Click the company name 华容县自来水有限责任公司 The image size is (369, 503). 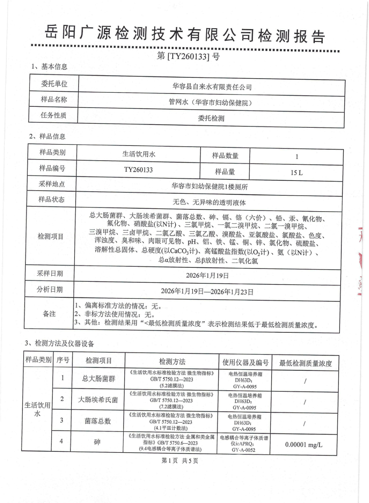(212, 87)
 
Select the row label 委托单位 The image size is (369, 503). (54, 84)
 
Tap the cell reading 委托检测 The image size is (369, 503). (211, 119)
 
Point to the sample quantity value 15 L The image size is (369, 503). (296, 172)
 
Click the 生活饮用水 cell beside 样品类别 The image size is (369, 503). (138, 154)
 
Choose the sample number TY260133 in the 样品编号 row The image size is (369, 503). (138, 170)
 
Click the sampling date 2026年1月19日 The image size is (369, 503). (207, 276)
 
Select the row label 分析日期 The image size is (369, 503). (50, 290)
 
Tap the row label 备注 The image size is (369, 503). (49, 314)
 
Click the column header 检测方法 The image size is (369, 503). (172, 362)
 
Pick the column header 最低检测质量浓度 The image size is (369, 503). (305, 363)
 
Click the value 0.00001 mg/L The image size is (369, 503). (303, 445)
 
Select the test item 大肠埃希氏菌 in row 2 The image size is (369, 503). (98, 400)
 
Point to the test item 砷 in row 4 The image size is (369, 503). (97, 442)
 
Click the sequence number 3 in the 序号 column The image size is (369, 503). (62, 420)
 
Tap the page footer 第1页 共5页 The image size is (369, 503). (180, 461)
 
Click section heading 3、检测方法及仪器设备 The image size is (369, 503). (59, 343)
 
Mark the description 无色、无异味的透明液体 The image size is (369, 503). (209, 202)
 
